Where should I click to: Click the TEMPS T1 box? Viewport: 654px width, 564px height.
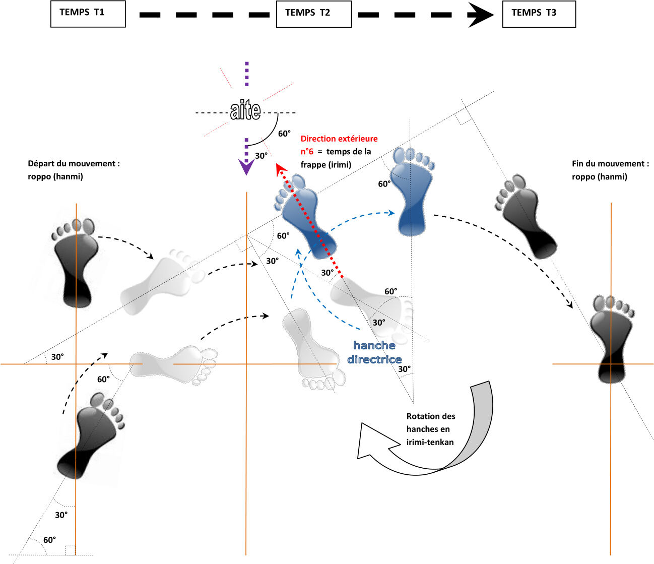coord(88,14)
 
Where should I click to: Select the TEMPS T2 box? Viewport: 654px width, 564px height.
coord(314,14)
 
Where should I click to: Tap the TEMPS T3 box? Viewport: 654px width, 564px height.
coord(539,14)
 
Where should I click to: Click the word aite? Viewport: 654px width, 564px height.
coord(245,110)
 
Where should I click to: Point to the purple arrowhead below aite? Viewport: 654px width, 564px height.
coord(246,167)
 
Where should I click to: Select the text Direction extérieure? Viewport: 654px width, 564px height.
coord(339,139)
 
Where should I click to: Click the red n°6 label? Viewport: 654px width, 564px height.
coord(307,152)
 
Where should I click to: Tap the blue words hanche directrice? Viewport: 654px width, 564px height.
coord(374,352)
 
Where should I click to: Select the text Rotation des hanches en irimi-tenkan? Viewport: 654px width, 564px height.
coord(431,429)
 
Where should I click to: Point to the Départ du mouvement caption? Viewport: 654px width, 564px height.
coord(74,170)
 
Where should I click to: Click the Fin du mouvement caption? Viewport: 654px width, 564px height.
coord(610,170)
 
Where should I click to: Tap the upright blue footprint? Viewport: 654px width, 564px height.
coord(411,192)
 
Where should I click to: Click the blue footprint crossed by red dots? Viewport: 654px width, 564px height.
coord(305,216)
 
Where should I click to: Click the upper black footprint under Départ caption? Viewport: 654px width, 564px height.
coord(75,263)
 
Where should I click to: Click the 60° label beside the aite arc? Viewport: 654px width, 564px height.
coord(284,134)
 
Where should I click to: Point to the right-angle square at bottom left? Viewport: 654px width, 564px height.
coord(70,550)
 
